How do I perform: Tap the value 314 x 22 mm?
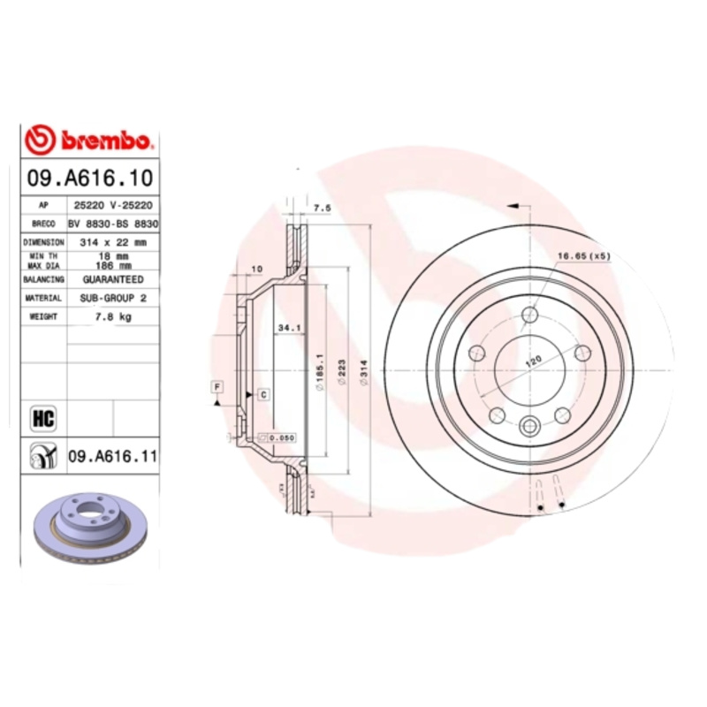tap(113, 241)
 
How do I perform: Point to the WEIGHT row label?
tap(44, 316)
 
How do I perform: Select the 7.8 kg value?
tap(113, 316)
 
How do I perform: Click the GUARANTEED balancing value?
tap(113, 279)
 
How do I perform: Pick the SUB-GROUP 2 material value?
tap(113, 299)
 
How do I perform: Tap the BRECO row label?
tap(44, 224)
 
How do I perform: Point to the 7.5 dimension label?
tap(323, 208)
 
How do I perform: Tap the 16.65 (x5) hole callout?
tap(583, 256)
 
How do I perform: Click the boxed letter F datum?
tap(216, 385)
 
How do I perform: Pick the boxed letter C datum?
tap(263, 394)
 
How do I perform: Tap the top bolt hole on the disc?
tap(528, 315)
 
